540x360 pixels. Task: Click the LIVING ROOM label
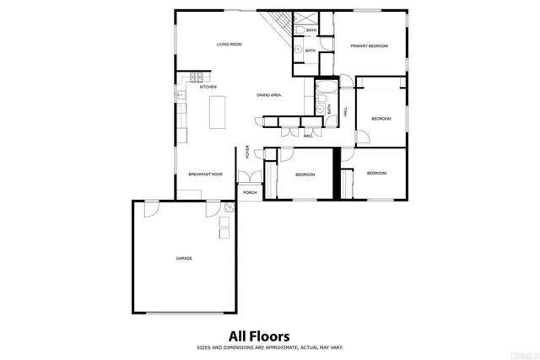(229, 44)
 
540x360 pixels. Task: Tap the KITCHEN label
(208, 87)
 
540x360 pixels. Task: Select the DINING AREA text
(269, 95)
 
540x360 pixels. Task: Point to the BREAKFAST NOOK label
(205, 174)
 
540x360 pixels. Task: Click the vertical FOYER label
(247, 152)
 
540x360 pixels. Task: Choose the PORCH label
(250, 192)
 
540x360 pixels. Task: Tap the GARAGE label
(184, 258)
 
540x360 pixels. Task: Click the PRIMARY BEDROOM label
(370, 46)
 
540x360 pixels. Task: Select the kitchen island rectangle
(217, 110)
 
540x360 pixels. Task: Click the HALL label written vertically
(346, 110)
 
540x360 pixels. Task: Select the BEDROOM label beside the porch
(305, 175)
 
